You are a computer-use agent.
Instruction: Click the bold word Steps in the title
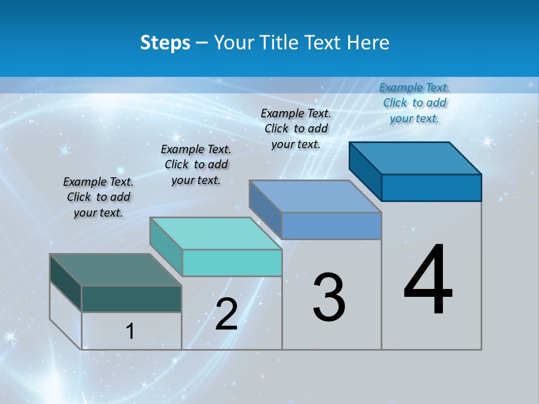pos(165,43)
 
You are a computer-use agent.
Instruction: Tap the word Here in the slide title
pos(367,43)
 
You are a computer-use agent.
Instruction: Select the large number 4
pos(428,281)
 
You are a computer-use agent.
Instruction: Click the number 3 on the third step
pos(329,297)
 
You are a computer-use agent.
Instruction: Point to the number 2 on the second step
pos(226,314)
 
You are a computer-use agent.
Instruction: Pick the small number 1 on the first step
pos(130,331)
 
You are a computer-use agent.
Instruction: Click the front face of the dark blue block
pos(431,187)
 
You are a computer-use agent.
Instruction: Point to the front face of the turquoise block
pos(232,263)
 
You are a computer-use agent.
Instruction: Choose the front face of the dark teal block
pos(131,299)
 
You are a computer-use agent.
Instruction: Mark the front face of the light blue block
pos(331,226)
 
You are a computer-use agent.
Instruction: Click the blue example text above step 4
pos(414,103)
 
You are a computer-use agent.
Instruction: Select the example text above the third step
pos(296,128)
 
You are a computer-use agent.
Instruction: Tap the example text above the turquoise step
pos(196,164)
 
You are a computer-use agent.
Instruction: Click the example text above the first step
pos(98,197)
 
